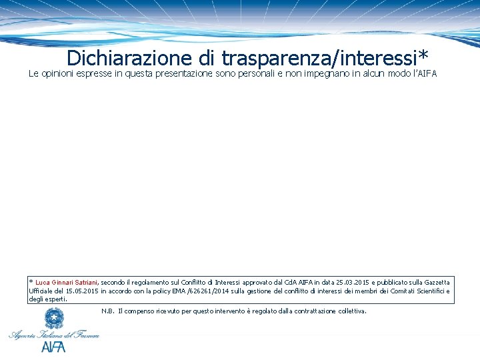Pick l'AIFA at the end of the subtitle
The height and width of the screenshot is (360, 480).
(424, 74)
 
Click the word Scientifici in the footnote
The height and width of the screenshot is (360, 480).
(427, 291)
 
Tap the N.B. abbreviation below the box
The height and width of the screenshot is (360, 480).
(108, 311)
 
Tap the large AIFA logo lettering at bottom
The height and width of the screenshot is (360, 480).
(53, 347)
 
